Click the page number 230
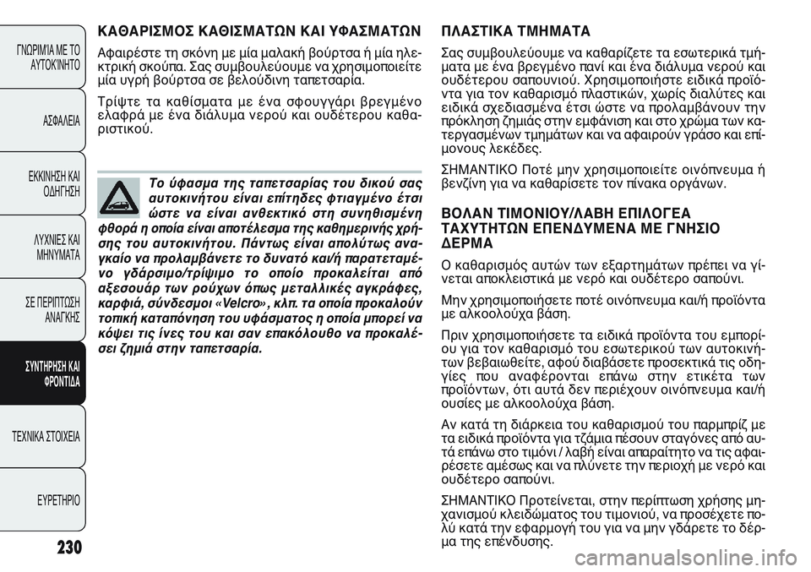[58, 547]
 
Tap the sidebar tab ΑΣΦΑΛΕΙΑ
[58, 121]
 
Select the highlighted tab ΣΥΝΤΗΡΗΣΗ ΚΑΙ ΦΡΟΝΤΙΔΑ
[57, 373]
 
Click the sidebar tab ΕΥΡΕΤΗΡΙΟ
[58, 499]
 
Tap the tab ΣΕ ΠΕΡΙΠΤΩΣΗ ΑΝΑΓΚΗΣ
[57, 310]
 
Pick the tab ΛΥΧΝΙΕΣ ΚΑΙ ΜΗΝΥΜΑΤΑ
[57, 247]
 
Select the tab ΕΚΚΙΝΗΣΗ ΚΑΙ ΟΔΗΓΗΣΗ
[57, 184]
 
